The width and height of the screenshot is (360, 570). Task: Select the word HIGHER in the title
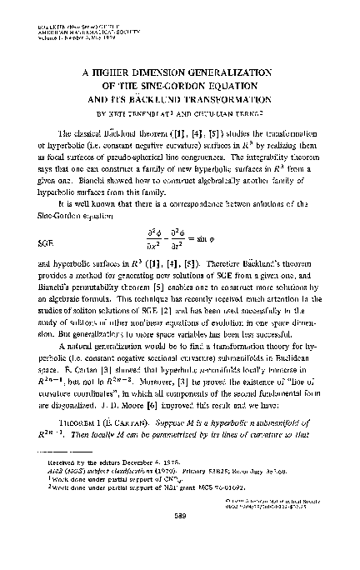pos(112,72)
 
